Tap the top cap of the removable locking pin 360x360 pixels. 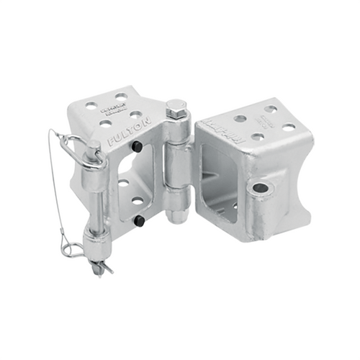[93, 147]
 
